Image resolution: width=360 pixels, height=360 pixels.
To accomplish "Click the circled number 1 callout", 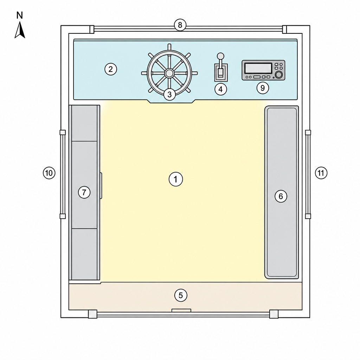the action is pyautogui.click(x=176, y=179).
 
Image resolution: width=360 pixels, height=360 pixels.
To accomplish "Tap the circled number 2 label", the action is pyautogui.click(x=111, y=69).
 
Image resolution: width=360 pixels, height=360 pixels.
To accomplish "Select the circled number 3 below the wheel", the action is pyautogui.click(x=169, y=94).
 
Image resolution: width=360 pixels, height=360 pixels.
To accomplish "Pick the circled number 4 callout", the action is pyautogui.click(x=221, y=89).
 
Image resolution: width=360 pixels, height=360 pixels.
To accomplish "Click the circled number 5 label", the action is pyautogui.click(x=181, y=295).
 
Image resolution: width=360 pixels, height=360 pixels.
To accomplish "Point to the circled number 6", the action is pyautogui.click(x=281, y=196).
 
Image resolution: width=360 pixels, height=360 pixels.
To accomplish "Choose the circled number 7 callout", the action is pyautogui.click(x=84, y=192).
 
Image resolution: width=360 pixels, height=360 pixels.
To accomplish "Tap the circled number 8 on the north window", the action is pyautogui.click(x=180, y=25).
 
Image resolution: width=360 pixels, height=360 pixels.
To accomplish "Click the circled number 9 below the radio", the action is pyautogui.click(x=263, y=88).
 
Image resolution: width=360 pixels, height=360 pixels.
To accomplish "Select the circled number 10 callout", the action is pyautogui.click(x=49, y=173).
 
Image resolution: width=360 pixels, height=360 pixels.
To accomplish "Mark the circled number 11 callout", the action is pyautogui.click(x=321, y=173).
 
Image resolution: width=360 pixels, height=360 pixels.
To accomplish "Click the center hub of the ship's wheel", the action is pyautogui.click(x=169, y=73).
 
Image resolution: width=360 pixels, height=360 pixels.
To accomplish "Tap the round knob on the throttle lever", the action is pyautogui.click(x=220, y=56).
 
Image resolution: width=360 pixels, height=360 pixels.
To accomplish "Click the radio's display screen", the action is pyautogui.click(x=258, y=68).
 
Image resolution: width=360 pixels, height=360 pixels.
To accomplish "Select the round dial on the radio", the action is pyautogui.click(x=279, y=75).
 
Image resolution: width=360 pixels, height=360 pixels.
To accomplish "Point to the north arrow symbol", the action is pyautogui.click(x=20, y=30).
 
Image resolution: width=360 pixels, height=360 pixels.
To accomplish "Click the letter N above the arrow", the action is pyautogui.click(x=20, y=15).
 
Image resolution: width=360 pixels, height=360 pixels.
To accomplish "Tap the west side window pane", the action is pyautogui.click(x=63, y=174).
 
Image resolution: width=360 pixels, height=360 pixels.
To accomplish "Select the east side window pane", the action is pyautogui.click(x=308, y=174).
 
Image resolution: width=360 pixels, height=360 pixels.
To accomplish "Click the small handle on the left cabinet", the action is pyautogui.click(x=101, y=186).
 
